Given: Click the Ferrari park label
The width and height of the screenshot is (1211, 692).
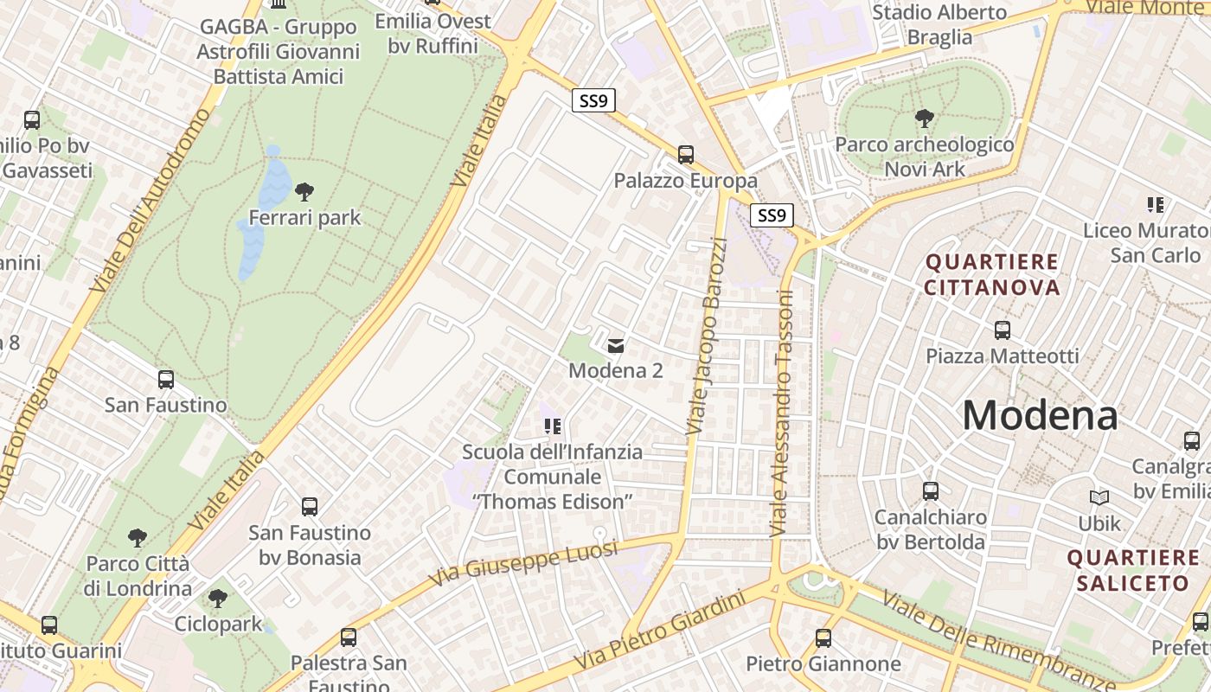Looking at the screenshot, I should click(304, 217).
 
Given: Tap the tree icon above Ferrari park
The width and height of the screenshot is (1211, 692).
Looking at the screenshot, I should click(304, 191).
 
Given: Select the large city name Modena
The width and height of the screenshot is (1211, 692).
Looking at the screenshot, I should click(1040, 415).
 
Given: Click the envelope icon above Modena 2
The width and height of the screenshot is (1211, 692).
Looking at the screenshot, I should click(615, 346).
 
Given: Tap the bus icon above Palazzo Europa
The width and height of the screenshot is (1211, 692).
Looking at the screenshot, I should click(686, 155).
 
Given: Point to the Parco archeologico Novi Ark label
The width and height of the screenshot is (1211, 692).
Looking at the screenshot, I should click(925, 156).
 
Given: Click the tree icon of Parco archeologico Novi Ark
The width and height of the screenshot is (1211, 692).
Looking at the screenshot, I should click(924, 119).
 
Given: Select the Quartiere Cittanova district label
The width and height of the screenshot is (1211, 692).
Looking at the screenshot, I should click(992, 274).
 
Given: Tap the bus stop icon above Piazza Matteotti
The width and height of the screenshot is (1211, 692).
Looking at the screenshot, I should click(1002, 330).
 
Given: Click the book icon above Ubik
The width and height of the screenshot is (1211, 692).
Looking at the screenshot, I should click(1099, 498).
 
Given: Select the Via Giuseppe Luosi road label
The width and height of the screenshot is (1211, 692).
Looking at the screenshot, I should click(523, 561).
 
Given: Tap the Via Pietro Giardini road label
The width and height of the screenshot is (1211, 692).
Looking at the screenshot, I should click(660, 628).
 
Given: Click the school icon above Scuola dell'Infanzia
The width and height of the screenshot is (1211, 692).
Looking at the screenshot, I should click(552, 426).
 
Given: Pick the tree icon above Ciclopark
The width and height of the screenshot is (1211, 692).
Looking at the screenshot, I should click(218, 598).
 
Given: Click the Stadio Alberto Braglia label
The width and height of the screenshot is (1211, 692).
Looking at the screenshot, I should click(939, 24).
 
